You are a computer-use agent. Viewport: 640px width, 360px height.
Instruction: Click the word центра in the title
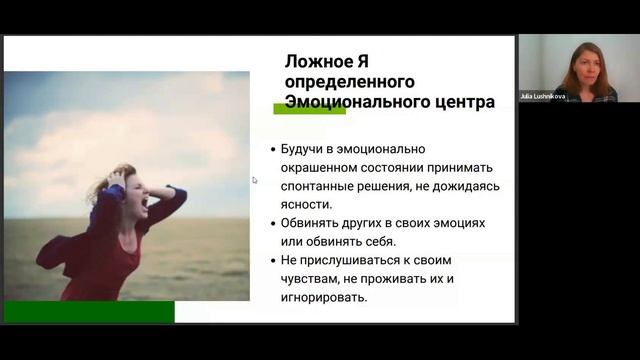[461, 102]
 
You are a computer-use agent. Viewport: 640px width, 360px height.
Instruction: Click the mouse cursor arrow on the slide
[254, 180]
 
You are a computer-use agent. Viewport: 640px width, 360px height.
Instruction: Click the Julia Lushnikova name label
[540, 97]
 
